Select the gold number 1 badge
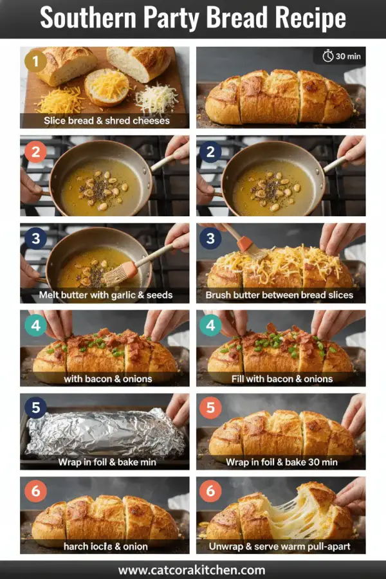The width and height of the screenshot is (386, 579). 36,62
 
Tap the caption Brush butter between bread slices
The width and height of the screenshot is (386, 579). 280,295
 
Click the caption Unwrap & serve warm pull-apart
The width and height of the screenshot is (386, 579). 280,546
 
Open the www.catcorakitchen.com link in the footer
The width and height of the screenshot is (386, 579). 192,569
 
